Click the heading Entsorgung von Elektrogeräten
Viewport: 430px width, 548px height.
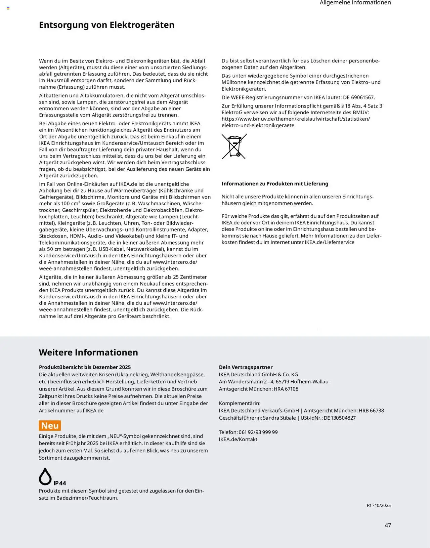(x=106, y=25)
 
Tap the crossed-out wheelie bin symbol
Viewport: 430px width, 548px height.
(x=234, y=146)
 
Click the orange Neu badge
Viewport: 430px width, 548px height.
(x=50, y=426)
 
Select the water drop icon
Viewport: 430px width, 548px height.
(x=45, y=476)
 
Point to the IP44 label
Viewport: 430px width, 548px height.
(x=60, y=483)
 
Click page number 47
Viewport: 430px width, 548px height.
(x=388, y=525)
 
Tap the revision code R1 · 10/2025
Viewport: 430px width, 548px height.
(x=379, y=505)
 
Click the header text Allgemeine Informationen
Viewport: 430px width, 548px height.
(x=355, y=3)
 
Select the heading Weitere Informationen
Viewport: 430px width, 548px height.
(x=88, y=352)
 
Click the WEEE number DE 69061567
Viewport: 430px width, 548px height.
(x=358, y=97)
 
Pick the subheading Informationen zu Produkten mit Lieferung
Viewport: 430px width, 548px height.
(x=275, y=184)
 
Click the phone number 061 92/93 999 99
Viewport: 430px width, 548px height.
(x=258, y=432)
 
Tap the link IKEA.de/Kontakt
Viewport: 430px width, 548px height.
(x=238, y=439)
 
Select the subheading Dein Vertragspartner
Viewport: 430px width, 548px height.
(x=246, y=367)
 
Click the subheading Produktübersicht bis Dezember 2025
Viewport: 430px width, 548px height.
(x=85, y=367)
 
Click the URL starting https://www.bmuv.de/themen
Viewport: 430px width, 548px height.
(x=296, y=119)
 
